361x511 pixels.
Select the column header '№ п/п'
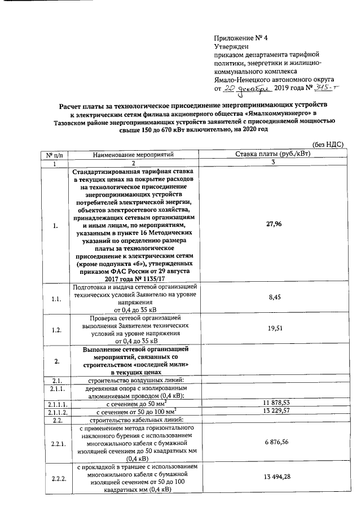coord(55,154)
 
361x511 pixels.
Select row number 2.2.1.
coord(56,443)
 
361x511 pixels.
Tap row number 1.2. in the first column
coord(56,330)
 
